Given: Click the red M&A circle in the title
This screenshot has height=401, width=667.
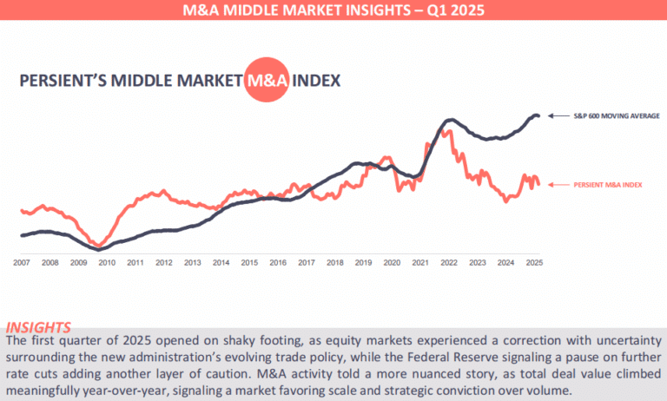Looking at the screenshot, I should [265, 82].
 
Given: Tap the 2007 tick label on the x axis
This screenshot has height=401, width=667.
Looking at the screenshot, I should [22, 261].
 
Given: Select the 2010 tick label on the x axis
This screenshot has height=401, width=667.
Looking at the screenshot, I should [106, 261].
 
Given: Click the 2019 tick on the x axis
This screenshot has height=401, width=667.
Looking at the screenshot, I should [363, 261].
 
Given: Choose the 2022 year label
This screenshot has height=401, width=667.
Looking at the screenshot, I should [449, 261].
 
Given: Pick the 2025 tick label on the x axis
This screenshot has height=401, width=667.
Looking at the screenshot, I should [534, 261].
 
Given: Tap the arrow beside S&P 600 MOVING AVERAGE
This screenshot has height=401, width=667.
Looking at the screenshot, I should [558, 115].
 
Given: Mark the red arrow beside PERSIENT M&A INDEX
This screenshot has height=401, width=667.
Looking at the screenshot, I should [558, 184].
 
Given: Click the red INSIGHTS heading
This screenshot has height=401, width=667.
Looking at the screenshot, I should [38, 327].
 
